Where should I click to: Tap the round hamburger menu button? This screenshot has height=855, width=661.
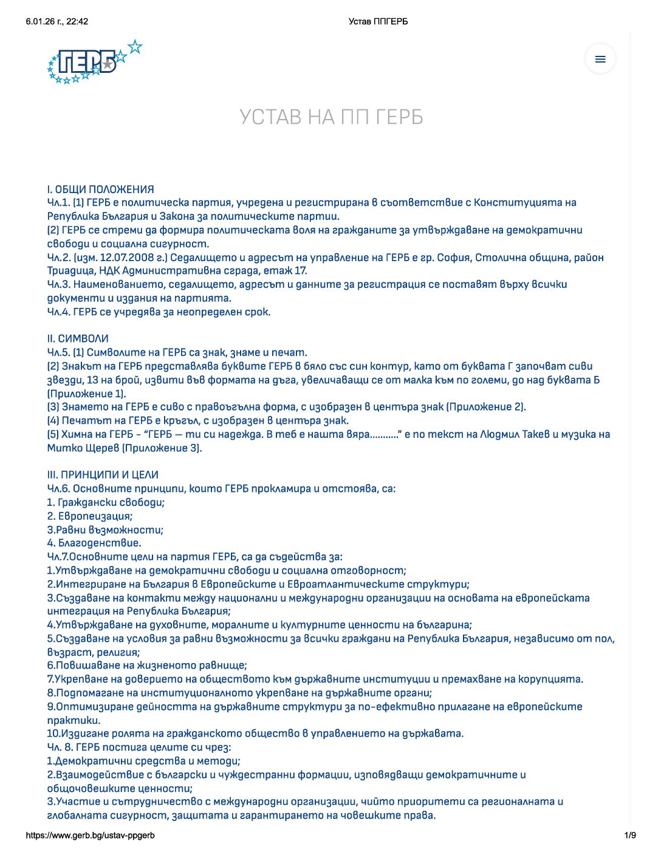(600, 59)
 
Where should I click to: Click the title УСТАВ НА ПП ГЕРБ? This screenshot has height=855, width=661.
(331, 117)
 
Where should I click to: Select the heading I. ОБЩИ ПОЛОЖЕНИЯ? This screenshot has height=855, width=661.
(101, 189)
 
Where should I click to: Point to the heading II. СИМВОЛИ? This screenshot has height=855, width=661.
(78, 338)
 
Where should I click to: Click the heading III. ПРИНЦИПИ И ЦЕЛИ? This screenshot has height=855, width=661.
(103, 474)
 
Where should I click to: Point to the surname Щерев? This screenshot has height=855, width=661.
(98, 448)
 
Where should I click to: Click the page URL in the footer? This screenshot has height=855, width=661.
(90, 836)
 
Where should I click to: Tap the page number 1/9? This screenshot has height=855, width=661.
(630, 836)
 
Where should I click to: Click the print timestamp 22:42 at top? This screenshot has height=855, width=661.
(77, 22)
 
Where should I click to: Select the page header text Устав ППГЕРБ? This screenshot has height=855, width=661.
(378, 22)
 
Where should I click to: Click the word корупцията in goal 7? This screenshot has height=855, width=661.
(550, 679)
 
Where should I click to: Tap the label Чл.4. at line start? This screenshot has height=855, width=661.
(58, 312)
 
